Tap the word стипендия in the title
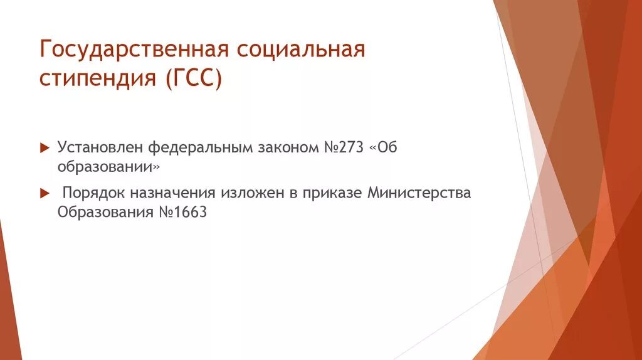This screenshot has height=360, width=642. coord(98,80)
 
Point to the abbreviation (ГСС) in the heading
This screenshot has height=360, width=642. coord(194,80)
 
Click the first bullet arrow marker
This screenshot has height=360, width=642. coord(44,148)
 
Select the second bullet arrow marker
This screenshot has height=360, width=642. coord(44,193)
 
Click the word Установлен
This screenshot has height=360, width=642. coord(100,147)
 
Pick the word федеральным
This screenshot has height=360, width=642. coord(200,148)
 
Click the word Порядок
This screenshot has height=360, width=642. coord(93,193)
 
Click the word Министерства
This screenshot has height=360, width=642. coord(419,193)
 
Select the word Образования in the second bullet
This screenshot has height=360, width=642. coord(105,212)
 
